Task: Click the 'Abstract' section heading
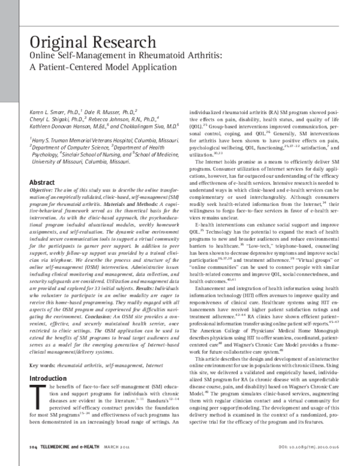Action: tap(42, 183)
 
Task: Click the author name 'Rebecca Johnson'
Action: tap(110, 119)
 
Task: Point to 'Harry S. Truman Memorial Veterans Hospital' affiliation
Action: tap(89, 141)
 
